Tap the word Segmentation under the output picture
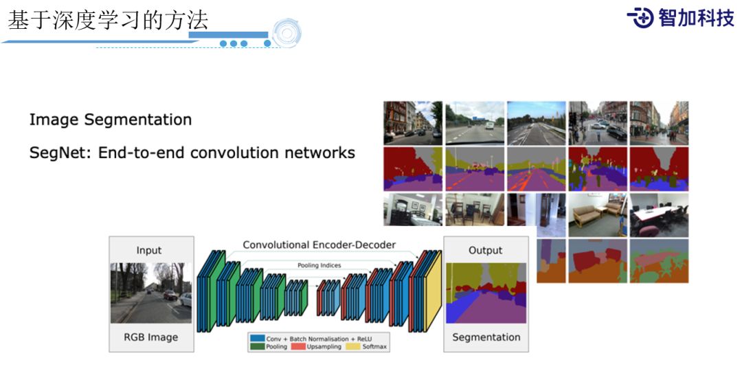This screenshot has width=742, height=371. tap(486, 337)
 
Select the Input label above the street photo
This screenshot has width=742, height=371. tap(149, 250)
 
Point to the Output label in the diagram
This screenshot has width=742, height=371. tap(485, 250)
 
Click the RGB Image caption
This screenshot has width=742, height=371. tap(150, 337)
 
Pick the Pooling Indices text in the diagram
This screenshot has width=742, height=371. tap(319, 265)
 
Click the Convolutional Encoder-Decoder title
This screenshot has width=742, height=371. tap(319, 245)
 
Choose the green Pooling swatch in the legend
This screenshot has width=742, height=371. tap(258, 347)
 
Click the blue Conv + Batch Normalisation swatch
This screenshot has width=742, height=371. tap(258, 339)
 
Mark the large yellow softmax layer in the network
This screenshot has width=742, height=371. tap(434, 292)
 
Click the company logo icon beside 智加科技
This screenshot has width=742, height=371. tap(641, 18)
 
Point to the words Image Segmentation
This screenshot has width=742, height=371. tap(111, 120)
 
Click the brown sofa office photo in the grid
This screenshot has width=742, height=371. tap(598, 214)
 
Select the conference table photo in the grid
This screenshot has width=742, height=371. tap(658, 214)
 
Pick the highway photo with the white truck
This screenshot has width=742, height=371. tap(474, 123)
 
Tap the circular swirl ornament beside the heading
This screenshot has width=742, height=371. tap(286, 33)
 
